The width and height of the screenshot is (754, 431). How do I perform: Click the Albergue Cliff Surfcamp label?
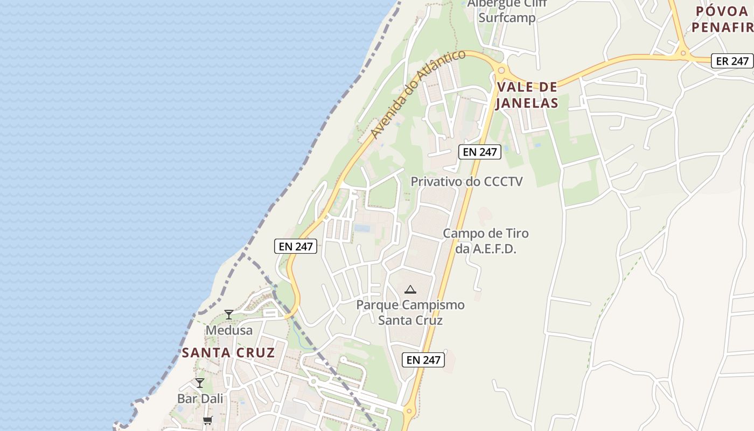507,11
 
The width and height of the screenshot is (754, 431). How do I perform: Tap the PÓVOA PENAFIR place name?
722,19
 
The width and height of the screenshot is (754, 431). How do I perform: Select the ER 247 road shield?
732,61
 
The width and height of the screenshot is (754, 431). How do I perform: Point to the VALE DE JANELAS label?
527,95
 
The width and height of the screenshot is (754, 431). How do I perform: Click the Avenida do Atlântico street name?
417,95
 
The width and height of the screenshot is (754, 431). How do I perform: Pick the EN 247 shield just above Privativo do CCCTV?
480,152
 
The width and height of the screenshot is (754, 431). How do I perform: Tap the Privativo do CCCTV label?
466,182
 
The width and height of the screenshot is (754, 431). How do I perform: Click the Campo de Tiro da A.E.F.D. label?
485,241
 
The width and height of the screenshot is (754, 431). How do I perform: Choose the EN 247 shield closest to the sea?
296,247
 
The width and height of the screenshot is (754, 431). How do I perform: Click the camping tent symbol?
410,290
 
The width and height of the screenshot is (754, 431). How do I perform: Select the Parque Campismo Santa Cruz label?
410,312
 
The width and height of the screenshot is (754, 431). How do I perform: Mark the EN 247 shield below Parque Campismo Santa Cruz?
423,360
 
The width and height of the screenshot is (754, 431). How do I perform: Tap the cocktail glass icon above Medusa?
229,314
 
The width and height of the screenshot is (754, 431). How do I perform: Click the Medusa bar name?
229,330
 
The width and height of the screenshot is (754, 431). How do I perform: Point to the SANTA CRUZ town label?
228,353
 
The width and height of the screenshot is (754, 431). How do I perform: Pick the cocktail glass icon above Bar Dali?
200,383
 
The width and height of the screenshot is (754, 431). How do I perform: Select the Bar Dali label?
200,399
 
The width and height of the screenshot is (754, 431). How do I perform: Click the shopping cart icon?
207,420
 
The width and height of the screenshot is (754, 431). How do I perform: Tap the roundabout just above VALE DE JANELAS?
501,69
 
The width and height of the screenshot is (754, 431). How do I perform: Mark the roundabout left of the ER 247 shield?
683,53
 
